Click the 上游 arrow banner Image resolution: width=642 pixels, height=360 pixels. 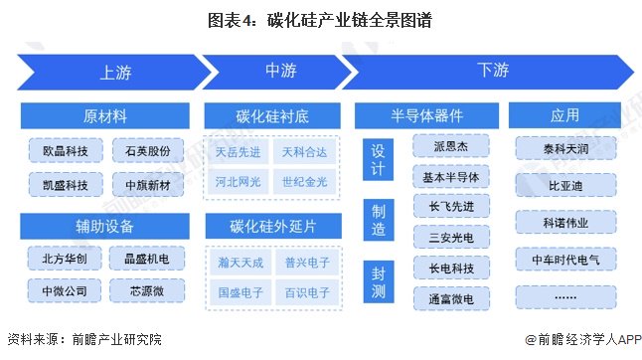[114, 72]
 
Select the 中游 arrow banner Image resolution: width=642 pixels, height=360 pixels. [278, 72]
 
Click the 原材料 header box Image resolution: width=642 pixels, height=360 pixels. [104, 116]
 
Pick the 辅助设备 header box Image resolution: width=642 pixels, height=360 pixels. [104, 226]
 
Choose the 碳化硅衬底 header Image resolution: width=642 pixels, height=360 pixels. [272, 116]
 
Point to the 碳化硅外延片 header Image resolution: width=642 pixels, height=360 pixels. [273, 226]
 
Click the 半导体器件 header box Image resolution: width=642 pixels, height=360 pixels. [426, 116]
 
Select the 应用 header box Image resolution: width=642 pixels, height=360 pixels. [564, 115]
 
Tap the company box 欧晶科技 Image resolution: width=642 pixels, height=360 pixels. [66, 151]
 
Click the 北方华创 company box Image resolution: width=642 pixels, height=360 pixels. [65, 259]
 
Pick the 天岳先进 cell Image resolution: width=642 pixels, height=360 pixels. [238, 152]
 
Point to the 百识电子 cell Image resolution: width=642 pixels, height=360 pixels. [307, 292]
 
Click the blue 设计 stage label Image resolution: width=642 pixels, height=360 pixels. [378, 159]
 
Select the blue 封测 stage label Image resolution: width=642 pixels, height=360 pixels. [379, 281]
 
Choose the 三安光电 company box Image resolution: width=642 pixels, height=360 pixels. [451, 237]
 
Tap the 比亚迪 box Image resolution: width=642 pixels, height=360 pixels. [565, 186]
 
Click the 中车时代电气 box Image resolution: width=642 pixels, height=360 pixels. [565, 260]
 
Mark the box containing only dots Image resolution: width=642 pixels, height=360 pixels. [565, 297]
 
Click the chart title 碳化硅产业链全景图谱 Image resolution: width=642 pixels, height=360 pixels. [350, 20]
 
